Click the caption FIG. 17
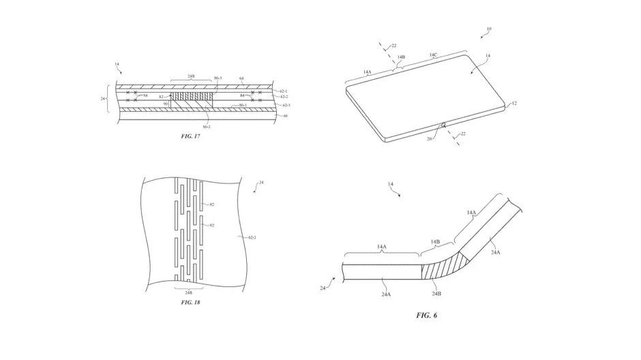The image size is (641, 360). pos(191,136)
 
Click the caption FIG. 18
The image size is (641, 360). pos(191,302)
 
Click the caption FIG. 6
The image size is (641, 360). pos(426,315)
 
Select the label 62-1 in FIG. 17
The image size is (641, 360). pos(284,91)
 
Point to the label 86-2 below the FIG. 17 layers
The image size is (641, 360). pos(206,126)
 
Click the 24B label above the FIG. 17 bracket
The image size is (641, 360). pos(191,76)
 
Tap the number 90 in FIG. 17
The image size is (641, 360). pos(165,104)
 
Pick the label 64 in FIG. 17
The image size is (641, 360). pos(241,78)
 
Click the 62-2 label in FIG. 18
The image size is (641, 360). pos(252,238)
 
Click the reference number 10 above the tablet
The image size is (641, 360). pos(488,29)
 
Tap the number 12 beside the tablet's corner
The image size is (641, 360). pos(513,104)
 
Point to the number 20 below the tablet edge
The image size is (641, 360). pos(430,138)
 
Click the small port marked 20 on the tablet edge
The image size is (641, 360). pos(443,125)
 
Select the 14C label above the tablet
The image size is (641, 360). pos(434,54)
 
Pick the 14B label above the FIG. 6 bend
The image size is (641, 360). pos(435,242)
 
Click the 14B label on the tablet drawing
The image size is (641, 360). pos(401,58)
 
